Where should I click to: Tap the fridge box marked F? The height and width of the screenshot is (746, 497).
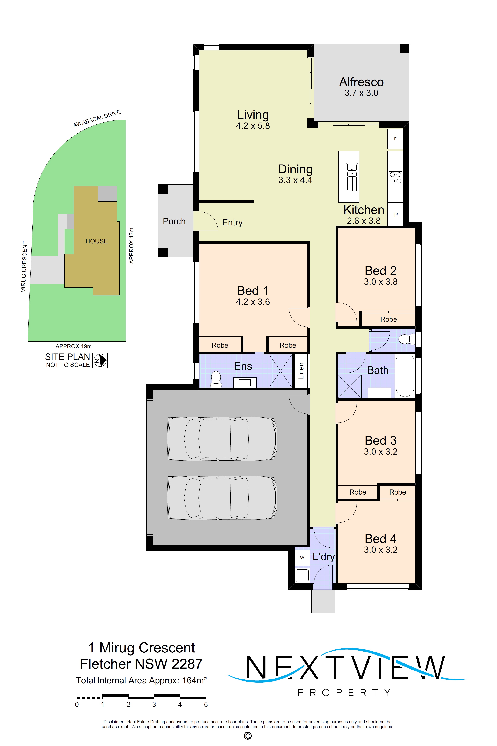tap(395, 139)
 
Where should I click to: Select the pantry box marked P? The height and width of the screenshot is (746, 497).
tap(396, 215)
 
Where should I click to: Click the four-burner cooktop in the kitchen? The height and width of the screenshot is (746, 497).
tap(395, 178)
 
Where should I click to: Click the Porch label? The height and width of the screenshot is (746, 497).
tap(174, 221)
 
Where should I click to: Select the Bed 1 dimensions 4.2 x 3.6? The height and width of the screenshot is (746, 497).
tap(253, 302)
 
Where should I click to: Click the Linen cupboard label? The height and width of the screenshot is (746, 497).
tap(301, 371)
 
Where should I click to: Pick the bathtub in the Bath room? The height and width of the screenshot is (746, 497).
tap(405, 376)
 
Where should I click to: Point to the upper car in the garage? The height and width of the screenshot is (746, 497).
tap(222, 439)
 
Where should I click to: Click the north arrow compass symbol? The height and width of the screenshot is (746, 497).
tap(100, 360)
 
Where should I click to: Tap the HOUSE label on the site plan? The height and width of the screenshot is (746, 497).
tap(96, 241)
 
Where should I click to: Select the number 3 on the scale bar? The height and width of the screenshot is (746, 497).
tap(154, 705)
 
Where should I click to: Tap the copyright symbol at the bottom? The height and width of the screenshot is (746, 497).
tap(248, 735)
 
